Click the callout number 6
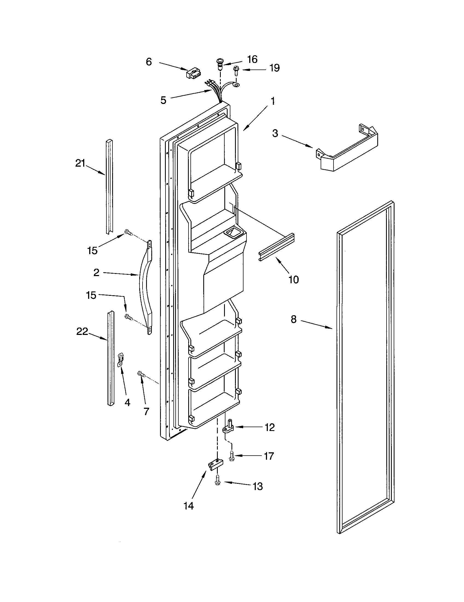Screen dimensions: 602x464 coord(149,62)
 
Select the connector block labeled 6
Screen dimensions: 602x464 coord(194,74)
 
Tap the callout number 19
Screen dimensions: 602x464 coord(274,68)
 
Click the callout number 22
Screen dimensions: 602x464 coord(82,332)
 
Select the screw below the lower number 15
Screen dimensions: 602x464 coord(128,317)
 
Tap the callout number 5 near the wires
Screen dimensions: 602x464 coord(163,100)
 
